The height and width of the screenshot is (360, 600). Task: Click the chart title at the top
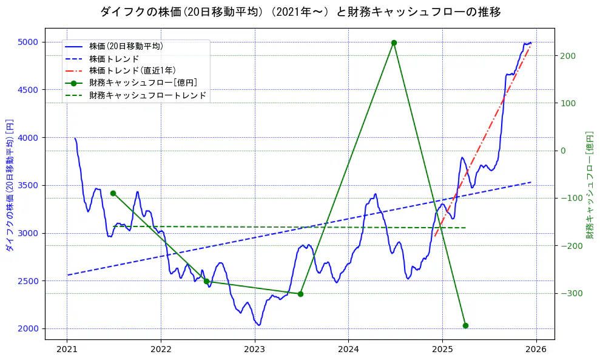300,12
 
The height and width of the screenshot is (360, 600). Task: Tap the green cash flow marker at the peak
394,42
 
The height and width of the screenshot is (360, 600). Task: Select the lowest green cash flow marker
465,325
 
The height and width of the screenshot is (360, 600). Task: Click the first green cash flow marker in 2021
113,193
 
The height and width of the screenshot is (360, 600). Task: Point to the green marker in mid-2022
206,281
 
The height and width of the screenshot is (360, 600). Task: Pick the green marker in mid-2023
300,294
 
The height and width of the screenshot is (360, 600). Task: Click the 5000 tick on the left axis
28,42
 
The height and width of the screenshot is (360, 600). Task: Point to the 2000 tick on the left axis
28,328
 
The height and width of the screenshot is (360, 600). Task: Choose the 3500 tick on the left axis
28,185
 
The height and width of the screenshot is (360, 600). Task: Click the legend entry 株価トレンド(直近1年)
135,70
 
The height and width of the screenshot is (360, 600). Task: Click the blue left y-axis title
9,185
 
